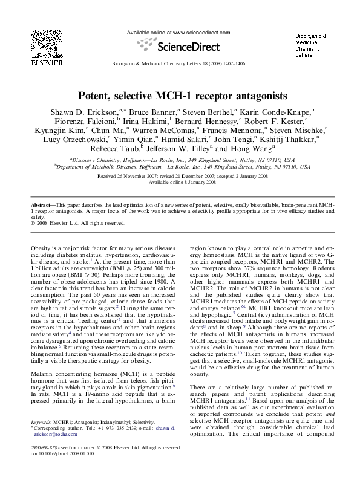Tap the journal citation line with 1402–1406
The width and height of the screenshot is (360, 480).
180,63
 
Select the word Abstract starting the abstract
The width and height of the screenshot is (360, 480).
41,206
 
